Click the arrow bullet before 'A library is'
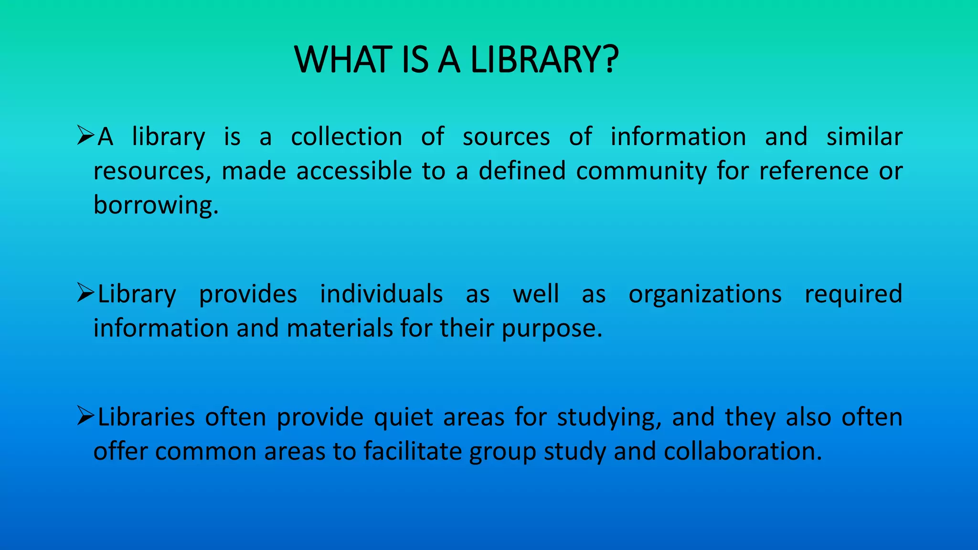coord(85,136)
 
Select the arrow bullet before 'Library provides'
coord(85,293)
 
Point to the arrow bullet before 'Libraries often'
coord(85,416)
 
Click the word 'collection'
coord(347,137)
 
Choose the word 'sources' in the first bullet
coord(506,137)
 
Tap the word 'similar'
coord(864,137)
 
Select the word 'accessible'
coord(354,171)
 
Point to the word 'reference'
coord(814,171)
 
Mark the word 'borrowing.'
coord(156,206)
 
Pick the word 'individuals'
coord(381,294)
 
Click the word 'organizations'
coord(705,295)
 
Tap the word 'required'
coord(853,295)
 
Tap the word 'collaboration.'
coord(743,452)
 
